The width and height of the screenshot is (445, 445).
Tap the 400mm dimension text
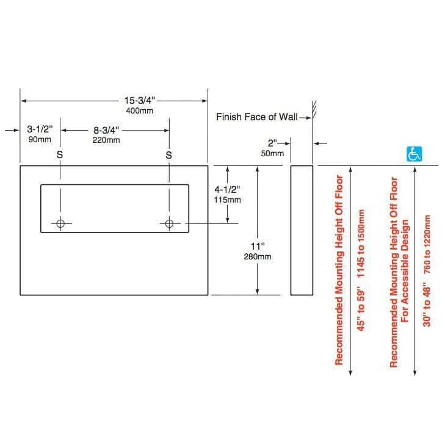pyautogui.click(x=140, y=111)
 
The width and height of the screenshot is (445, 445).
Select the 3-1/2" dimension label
pyautogui.click(x=41, y=129)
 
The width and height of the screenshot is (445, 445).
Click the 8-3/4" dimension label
pyautogui.click(x=106, y=130)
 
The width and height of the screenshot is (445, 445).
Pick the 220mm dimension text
pyautogui.click(x=106, y=140)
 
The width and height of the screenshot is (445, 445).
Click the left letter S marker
pyautogui.click(x=60, y=155)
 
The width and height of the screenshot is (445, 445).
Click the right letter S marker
pyautogui.click(x=169, y=155)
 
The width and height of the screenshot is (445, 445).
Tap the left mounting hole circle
pyautogui.click(x=60, y=224)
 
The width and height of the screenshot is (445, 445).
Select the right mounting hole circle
pyautogui.click(x=170, y=224)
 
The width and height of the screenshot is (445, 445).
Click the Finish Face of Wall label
pyautogui.click(x=256, y=116)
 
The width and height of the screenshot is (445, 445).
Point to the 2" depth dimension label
pyautogui.click(x=273, y=143)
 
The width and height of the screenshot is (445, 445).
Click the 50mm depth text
pyautogui.click(x=272, y=153)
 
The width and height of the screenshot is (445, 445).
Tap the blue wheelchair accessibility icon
pyautogui.click(x=414, y=154)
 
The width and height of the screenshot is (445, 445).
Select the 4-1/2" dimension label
pyautogui.click(x=227, y=189)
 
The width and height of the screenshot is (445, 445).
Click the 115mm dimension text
pyautogui.click(x=227, y=200)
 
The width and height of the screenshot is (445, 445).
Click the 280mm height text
pyautogui.click(x=258, y=256)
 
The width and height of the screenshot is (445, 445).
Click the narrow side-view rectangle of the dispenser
pyautogui.click(x=301, y=230)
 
